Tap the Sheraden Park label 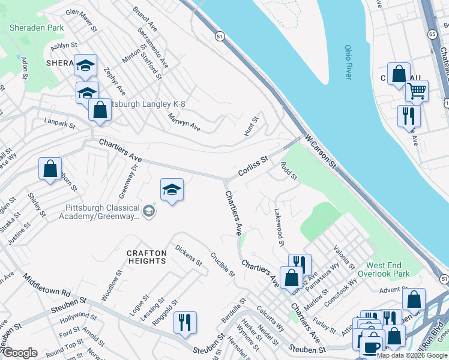[x=37, y=28]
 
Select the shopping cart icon [x=416, y=91]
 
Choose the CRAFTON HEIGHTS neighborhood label [x=146, y=257]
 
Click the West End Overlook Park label [x=388, y=269]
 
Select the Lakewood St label [x=279, y=226]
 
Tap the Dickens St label [x=188, y=254]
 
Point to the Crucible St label [x=222, y=264]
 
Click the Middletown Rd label [x=47, y=287]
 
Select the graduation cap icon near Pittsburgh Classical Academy [x=172, y=190]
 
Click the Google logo [x=19, y=353]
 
